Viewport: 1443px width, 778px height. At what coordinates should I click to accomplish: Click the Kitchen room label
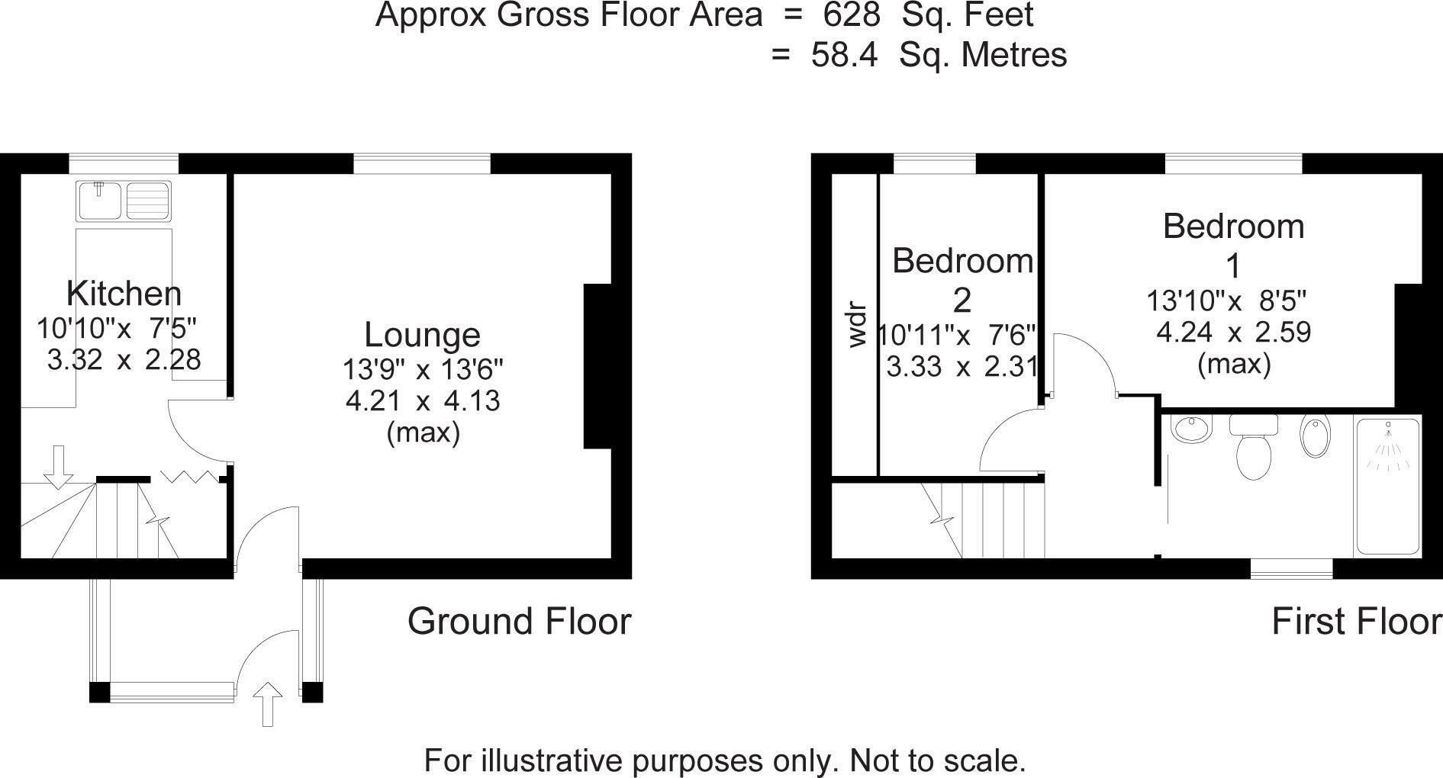(x=124, y=294)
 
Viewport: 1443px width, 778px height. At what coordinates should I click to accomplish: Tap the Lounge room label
(x=422, y=335)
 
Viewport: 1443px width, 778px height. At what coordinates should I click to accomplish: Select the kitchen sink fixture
(x=124, y=200)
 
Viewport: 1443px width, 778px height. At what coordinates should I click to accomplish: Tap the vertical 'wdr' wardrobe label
(x=858, y=326)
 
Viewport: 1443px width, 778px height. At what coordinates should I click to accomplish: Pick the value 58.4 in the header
(x=845, y=55)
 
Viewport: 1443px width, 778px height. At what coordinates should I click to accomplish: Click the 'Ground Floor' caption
(x=519, y=622)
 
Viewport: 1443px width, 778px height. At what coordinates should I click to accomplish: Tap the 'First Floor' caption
(x=1356, y=622)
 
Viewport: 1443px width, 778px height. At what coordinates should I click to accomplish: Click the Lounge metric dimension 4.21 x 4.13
(x=423, y=400)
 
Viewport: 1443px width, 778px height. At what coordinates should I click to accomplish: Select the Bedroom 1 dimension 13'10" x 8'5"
(x=1227, y=301)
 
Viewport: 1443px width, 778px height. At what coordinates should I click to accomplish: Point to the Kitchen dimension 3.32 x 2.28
(x=124, y=359)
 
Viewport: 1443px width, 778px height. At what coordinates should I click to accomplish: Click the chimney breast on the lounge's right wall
(x=597, y=366)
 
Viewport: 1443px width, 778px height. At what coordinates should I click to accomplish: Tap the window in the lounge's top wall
(x=422, y=163)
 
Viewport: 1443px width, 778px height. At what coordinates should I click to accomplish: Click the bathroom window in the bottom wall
(x=1291, y=568)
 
